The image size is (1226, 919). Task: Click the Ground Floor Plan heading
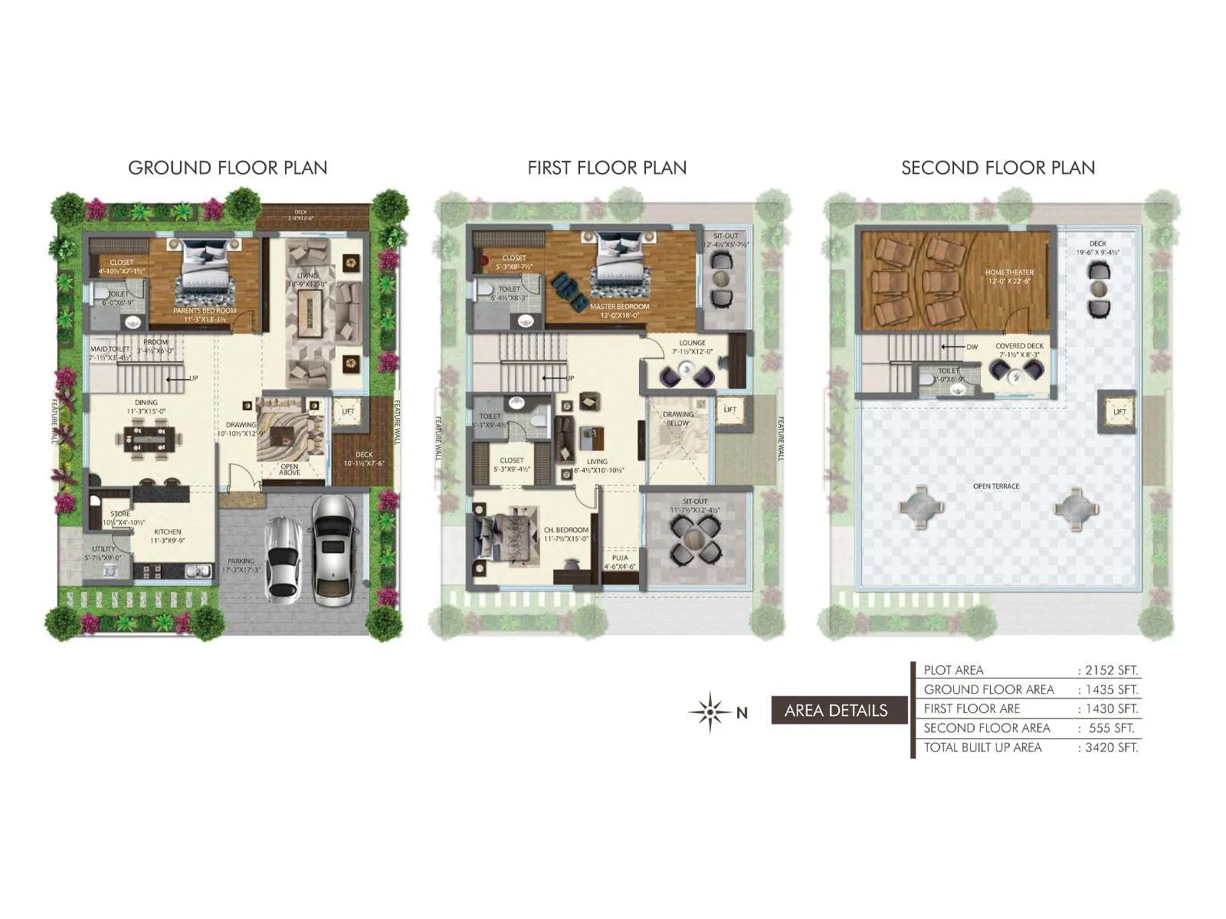(x=228, y=168)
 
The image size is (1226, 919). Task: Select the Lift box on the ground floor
(x=348, y=411)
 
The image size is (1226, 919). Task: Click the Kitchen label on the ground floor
(x=168, y=531)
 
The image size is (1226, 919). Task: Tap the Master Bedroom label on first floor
(x=619, y=306)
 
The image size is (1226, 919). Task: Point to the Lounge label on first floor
(x=692, y=343)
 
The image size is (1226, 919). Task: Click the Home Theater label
(x=1009, y=273)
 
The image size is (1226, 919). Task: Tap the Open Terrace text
(x=996, y=486)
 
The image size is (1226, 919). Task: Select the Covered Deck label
(x=1019, y=346)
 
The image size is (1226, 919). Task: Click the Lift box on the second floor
(x=1119, y=412)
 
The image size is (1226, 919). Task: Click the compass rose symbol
(x=710, y=712)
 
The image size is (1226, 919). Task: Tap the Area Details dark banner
(x=836, y=711)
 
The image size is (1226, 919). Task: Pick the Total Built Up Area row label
(x=982, y=747)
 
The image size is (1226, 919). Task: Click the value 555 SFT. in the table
(x=1112, y=728)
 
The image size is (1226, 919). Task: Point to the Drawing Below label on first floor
(x=677, y=418)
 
